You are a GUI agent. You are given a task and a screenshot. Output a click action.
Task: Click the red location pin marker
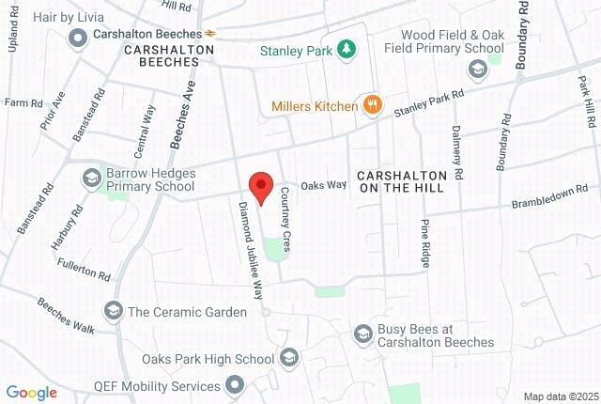pos(260,185)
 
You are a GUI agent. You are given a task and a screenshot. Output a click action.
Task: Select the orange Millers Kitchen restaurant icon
pos(373,105)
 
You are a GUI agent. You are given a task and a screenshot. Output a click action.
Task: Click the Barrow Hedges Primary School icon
pos(91,177)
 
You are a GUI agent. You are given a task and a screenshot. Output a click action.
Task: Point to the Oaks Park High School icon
pos(289,358)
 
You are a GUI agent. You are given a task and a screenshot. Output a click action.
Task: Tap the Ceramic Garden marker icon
pos(113,311)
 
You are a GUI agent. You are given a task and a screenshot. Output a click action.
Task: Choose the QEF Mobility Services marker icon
pos(235,385)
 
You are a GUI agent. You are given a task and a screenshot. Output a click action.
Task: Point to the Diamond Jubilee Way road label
pos(250,250)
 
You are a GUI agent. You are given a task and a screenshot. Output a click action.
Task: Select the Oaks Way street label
pos(323,186)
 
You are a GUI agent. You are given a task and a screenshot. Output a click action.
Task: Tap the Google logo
pos(31,393)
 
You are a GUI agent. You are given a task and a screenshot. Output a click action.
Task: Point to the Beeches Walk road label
pos(67,316)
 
